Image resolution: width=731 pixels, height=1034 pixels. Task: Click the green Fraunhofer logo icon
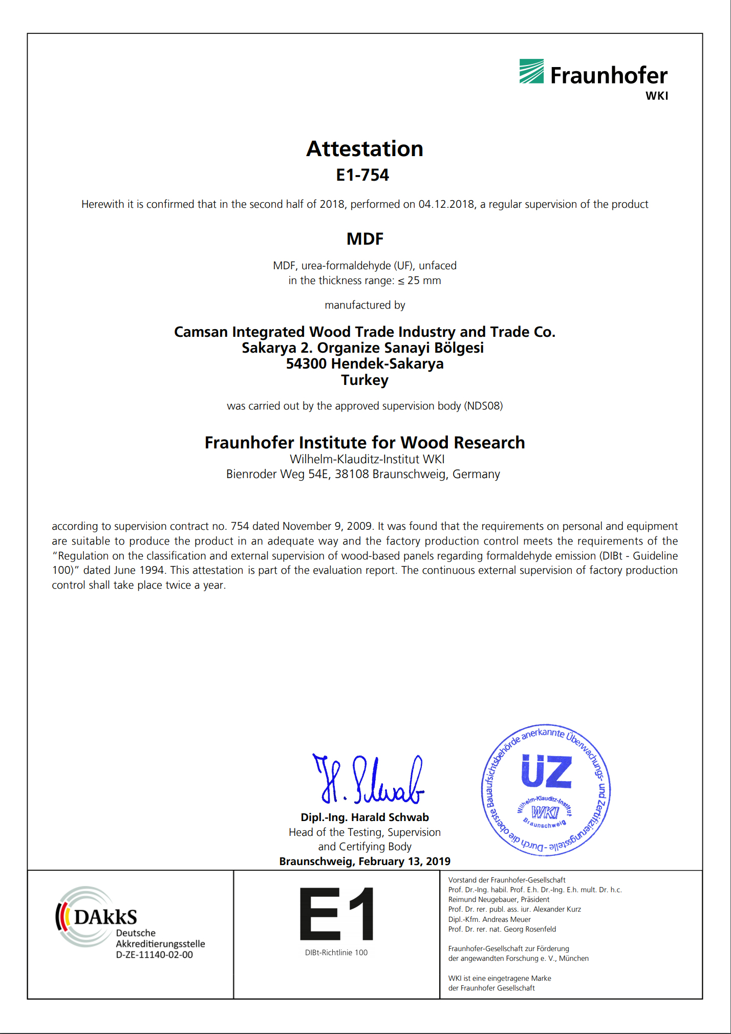pyautogui.click(x=531, y=71)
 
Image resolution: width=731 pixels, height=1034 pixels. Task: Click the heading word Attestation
pyautogui.click(x=364, y=149)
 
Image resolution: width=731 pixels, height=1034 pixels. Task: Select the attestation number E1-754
pyautogui.click(x=362, y=175)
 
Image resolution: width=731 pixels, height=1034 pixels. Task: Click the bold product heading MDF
pyautogui.click(x=364, y=239)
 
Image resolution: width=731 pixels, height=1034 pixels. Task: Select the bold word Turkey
pyautogui.click(x=364, y=380)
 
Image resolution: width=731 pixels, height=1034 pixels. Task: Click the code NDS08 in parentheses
pyautogui.click(x=483, y=406)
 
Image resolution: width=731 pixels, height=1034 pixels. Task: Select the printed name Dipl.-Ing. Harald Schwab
pyautogui.click(x=364, y=817)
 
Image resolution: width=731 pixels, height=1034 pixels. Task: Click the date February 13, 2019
pyautogui.click(x=404, y=861)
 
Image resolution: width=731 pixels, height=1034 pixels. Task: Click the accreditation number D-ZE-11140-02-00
pyautogui.click(x=154, y=955)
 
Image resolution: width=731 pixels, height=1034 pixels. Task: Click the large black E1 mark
pyautogui.click(x=336, y=914)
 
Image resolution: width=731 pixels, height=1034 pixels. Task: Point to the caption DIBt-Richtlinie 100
pyautogui.click(x=336, y=953)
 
